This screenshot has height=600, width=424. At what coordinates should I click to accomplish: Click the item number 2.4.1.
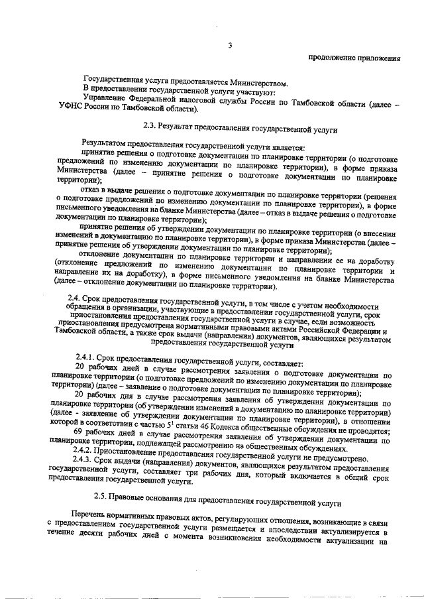click(87, 362)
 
